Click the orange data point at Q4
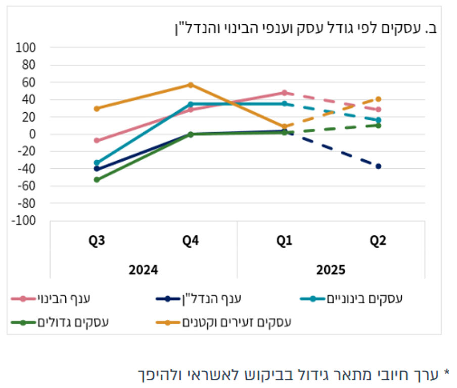[x=191, y=85]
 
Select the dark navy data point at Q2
[x=378, y=166]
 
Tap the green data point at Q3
[x=97, y=179]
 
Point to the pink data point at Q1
[x=285, y=93]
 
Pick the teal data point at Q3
[x=97, y=163]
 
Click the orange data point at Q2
[x=378, y=99]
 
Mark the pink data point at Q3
[x=97, y=140]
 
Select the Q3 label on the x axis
[x=97, y=241]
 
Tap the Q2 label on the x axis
[x=378, y=241]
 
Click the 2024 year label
[x=144, y=270]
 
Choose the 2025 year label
[x=331, y=270]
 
